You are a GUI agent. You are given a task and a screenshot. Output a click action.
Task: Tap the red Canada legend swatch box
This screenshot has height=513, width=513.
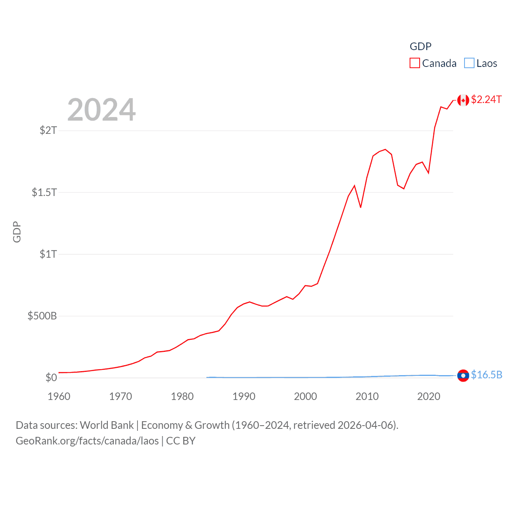tap(414, 63)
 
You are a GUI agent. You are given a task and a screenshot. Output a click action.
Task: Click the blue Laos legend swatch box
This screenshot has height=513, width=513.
tap(469, 63)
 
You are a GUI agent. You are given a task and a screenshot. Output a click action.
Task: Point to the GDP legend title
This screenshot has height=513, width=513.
tap(420, 46)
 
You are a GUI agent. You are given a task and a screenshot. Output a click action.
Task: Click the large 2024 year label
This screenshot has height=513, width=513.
tap(101, 109)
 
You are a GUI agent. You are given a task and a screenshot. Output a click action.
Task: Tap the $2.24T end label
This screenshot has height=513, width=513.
tap(486, 99)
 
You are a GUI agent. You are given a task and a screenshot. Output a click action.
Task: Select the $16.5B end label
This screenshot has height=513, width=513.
tap(487, 375)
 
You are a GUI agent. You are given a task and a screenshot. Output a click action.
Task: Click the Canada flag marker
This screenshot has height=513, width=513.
tap(463, 100)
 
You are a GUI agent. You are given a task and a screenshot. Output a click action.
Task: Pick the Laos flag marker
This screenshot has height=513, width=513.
tap(463, 376)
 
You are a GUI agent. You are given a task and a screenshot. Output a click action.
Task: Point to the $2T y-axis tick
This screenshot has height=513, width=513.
tap(48, 130)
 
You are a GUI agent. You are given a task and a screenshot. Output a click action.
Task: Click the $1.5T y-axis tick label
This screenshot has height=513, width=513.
tap(44, 192)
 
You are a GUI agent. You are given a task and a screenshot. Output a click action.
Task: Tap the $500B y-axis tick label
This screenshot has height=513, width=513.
tap(42, 316)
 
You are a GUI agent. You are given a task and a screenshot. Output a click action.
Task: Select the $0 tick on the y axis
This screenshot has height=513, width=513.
tap(51, 378)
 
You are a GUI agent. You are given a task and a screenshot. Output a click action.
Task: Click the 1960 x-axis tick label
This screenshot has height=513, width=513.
tap(59, 396)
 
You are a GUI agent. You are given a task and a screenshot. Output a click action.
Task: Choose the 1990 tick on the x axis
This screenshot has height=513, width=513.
tap(244, 396)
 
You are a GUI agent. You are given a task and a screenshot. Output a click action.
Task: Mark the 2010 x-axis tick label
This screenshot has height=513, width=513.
tap(367, 396)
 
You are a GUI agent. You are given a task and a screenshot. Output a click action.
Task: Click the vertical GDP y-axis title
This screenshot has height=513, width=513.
tap(17, 232)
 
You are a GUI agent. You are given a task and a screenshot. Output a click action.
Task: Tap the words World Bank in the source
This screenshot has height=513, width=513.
tap(107, 425)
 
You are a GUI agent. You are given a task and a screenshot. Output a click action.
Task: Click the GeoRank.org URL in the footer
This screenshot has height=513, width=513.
tap(87, 441)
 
